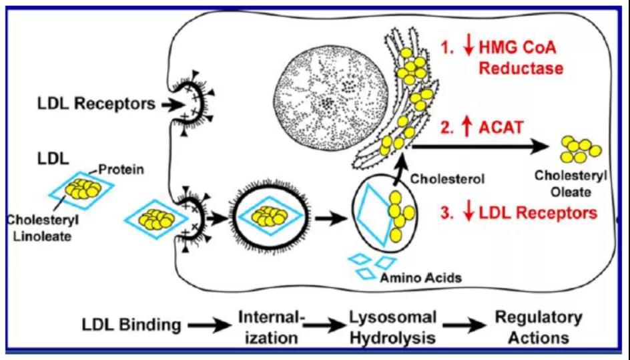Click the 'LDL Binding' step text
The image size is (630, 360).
[x=131, y=325]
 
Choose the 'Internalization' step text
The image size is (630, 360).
[x=270, y=327]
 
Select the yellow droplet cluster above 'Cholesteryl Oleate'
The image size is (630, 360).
[x=579, y=150]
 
